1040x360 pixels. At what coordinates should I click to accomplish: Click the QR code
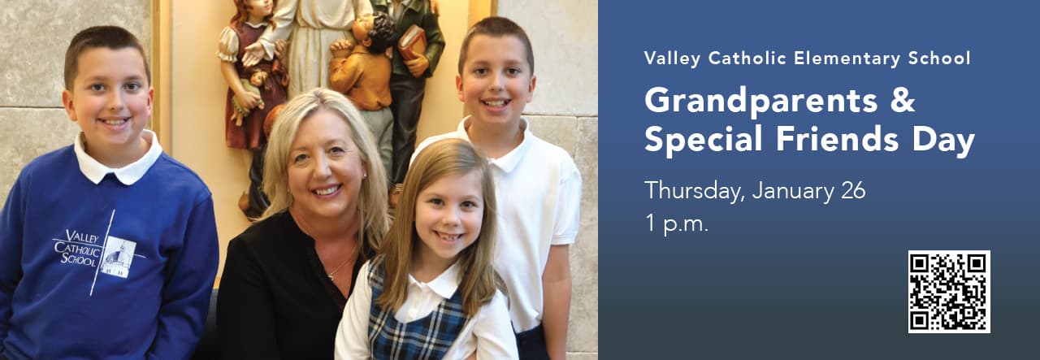point(949,292)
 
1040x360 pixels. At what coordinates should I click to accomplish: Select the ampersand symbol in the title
point(903,100)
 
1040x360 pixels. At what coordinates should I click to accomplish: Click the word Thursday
point(694,192)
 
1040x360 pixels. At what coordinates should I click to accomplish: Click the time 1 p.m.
point(677,224)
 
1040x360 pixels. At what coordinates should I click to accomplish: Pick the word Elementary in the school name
point(847,59)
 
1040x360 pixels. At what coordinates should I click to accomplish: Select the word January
point(792,192)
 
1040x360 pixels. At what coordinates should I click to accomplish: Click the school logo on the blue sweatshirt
point(99,253)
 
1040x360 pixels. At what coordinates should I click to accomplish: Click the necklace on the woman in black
point(342,265)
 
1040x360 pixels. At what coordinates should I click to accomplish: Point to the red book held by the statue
point(411,43)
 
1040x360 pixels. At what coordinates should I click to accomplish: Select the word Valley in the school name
point(672,59)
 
